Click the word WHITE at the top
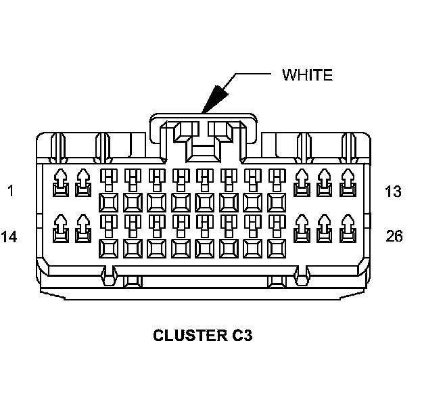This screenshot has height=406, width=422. tap(307, 74)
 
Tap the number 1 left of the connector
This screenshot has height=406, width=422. tap(9, 191)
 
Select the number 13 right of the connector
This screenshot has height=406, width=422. tap(393, 191)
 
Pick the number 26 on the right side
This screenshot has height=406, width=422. tap(394, 236)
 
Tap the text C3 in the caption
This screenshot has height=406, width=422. tap(239, 335)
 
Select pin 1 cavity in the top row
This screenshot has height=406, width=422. tap(60, 182)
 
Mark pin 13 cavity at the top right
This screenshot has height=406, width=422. tap(348, 182)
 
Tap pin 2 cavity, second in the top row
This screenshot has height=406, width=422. tap(83, 182)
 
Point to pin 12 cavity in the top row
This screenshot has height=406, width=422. tap(325, 182)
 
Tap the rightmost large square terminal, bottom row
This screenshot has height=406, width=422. tap(277, 248)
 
